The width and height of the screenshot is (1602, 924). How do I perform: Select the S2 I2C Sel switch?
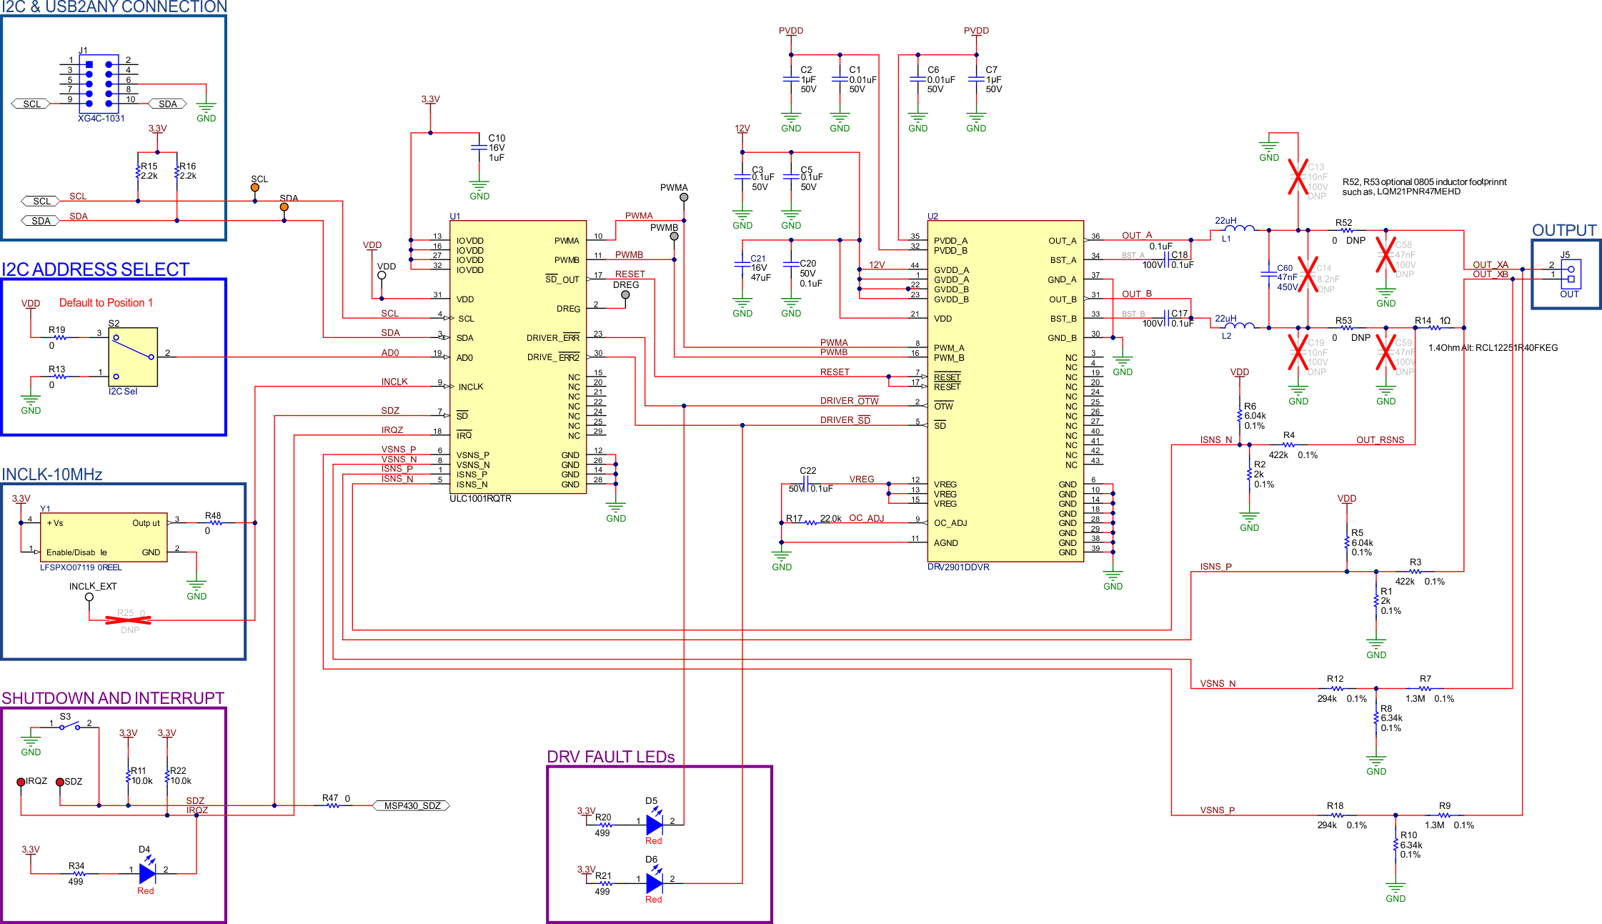tap(133, 357)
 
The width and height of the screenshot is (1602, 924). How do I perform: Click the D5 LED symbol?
tap(654, 825)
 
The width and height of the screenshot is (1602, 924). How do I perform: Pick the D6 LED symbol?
tap(654, 883)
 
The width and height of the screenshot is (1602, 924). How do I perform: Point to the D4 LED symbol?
tap(147, 873)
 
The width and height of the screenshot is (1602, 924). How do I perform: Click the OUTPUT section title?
tap(1563, 230)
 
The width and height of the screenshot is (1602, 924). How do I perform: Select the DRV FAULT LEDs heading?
tap(610, 757)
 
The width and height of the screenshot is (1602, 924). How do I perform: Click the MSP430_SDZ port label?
tap(412, 805)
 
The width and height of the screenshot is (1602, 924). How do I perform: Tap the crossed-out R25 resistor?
tap(129, 620)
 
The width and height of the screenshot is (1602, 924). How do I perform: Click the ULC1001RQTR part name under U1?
tap(480, 499)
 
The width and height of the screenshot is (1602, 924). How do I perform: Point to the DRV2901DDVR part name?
tap(958, 567)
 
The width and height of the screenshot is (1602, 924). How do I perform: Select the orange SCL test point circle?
tap(255, 188)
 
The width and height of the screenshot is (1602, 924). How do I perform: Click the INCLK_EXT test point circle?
tap(89, 597)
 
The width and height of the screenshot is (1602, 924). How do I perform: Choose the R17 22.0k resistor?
tap(811, 522)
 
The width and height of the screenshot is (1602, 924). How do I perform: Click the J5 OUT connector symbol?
tap(1570, 274)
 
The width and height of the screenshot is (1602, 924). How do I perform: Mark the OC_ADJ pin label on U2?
tap(950, 523)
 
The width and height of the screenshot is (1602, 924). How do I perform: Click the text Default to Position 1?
tap(106, 303)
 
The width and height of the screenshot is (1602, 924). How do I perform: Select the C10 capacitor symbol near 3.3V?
tap(479, 148)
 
